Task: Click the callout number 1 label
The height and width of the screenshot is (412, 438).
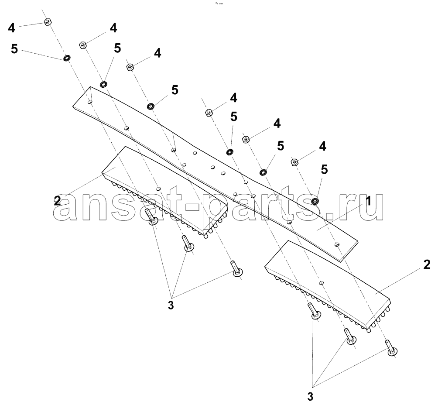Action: pos(369,201)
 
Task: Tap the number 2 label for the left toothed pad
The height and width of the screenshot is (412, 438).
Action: pos(57,201)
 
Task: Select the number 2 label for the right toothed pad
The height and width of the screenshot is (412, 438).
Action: pos(427,264)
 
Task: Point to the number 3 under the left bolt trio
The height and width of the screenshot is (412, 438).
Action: pos(171,305)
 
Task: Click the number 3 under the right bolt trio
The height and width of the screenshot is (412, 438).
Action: pos(310,397)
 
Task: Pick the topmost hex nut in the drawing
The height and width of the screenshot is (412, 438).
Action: pos(48,21)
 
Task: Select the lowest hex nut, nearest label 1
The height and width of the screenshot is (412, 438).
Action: pos(294,162)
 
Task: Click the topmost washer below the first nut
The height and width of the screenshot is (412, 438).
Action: pos(67,58)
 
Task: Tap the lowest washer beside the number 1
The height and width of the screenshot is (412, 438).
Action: pos(315,201)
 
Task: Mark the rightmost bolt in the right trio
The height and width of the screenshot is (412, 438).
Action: pos(391,348)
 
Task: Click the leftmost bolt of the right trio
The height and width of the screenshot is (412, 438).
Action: pos(314,311)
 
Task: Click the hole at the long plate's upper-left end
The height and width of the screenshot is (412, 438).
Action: pos(90,102)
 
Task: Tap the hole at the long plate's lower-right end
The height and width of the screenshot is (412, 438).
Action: pos(337,244)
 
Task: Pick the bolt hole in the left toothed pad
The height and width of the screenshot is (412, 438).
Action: pos(159,188)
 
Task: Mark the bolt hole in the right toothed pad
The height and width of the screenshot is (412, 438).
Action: pos(322,282)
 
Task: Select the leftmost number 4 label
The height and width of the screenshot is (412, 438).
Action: pos(11,28)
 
